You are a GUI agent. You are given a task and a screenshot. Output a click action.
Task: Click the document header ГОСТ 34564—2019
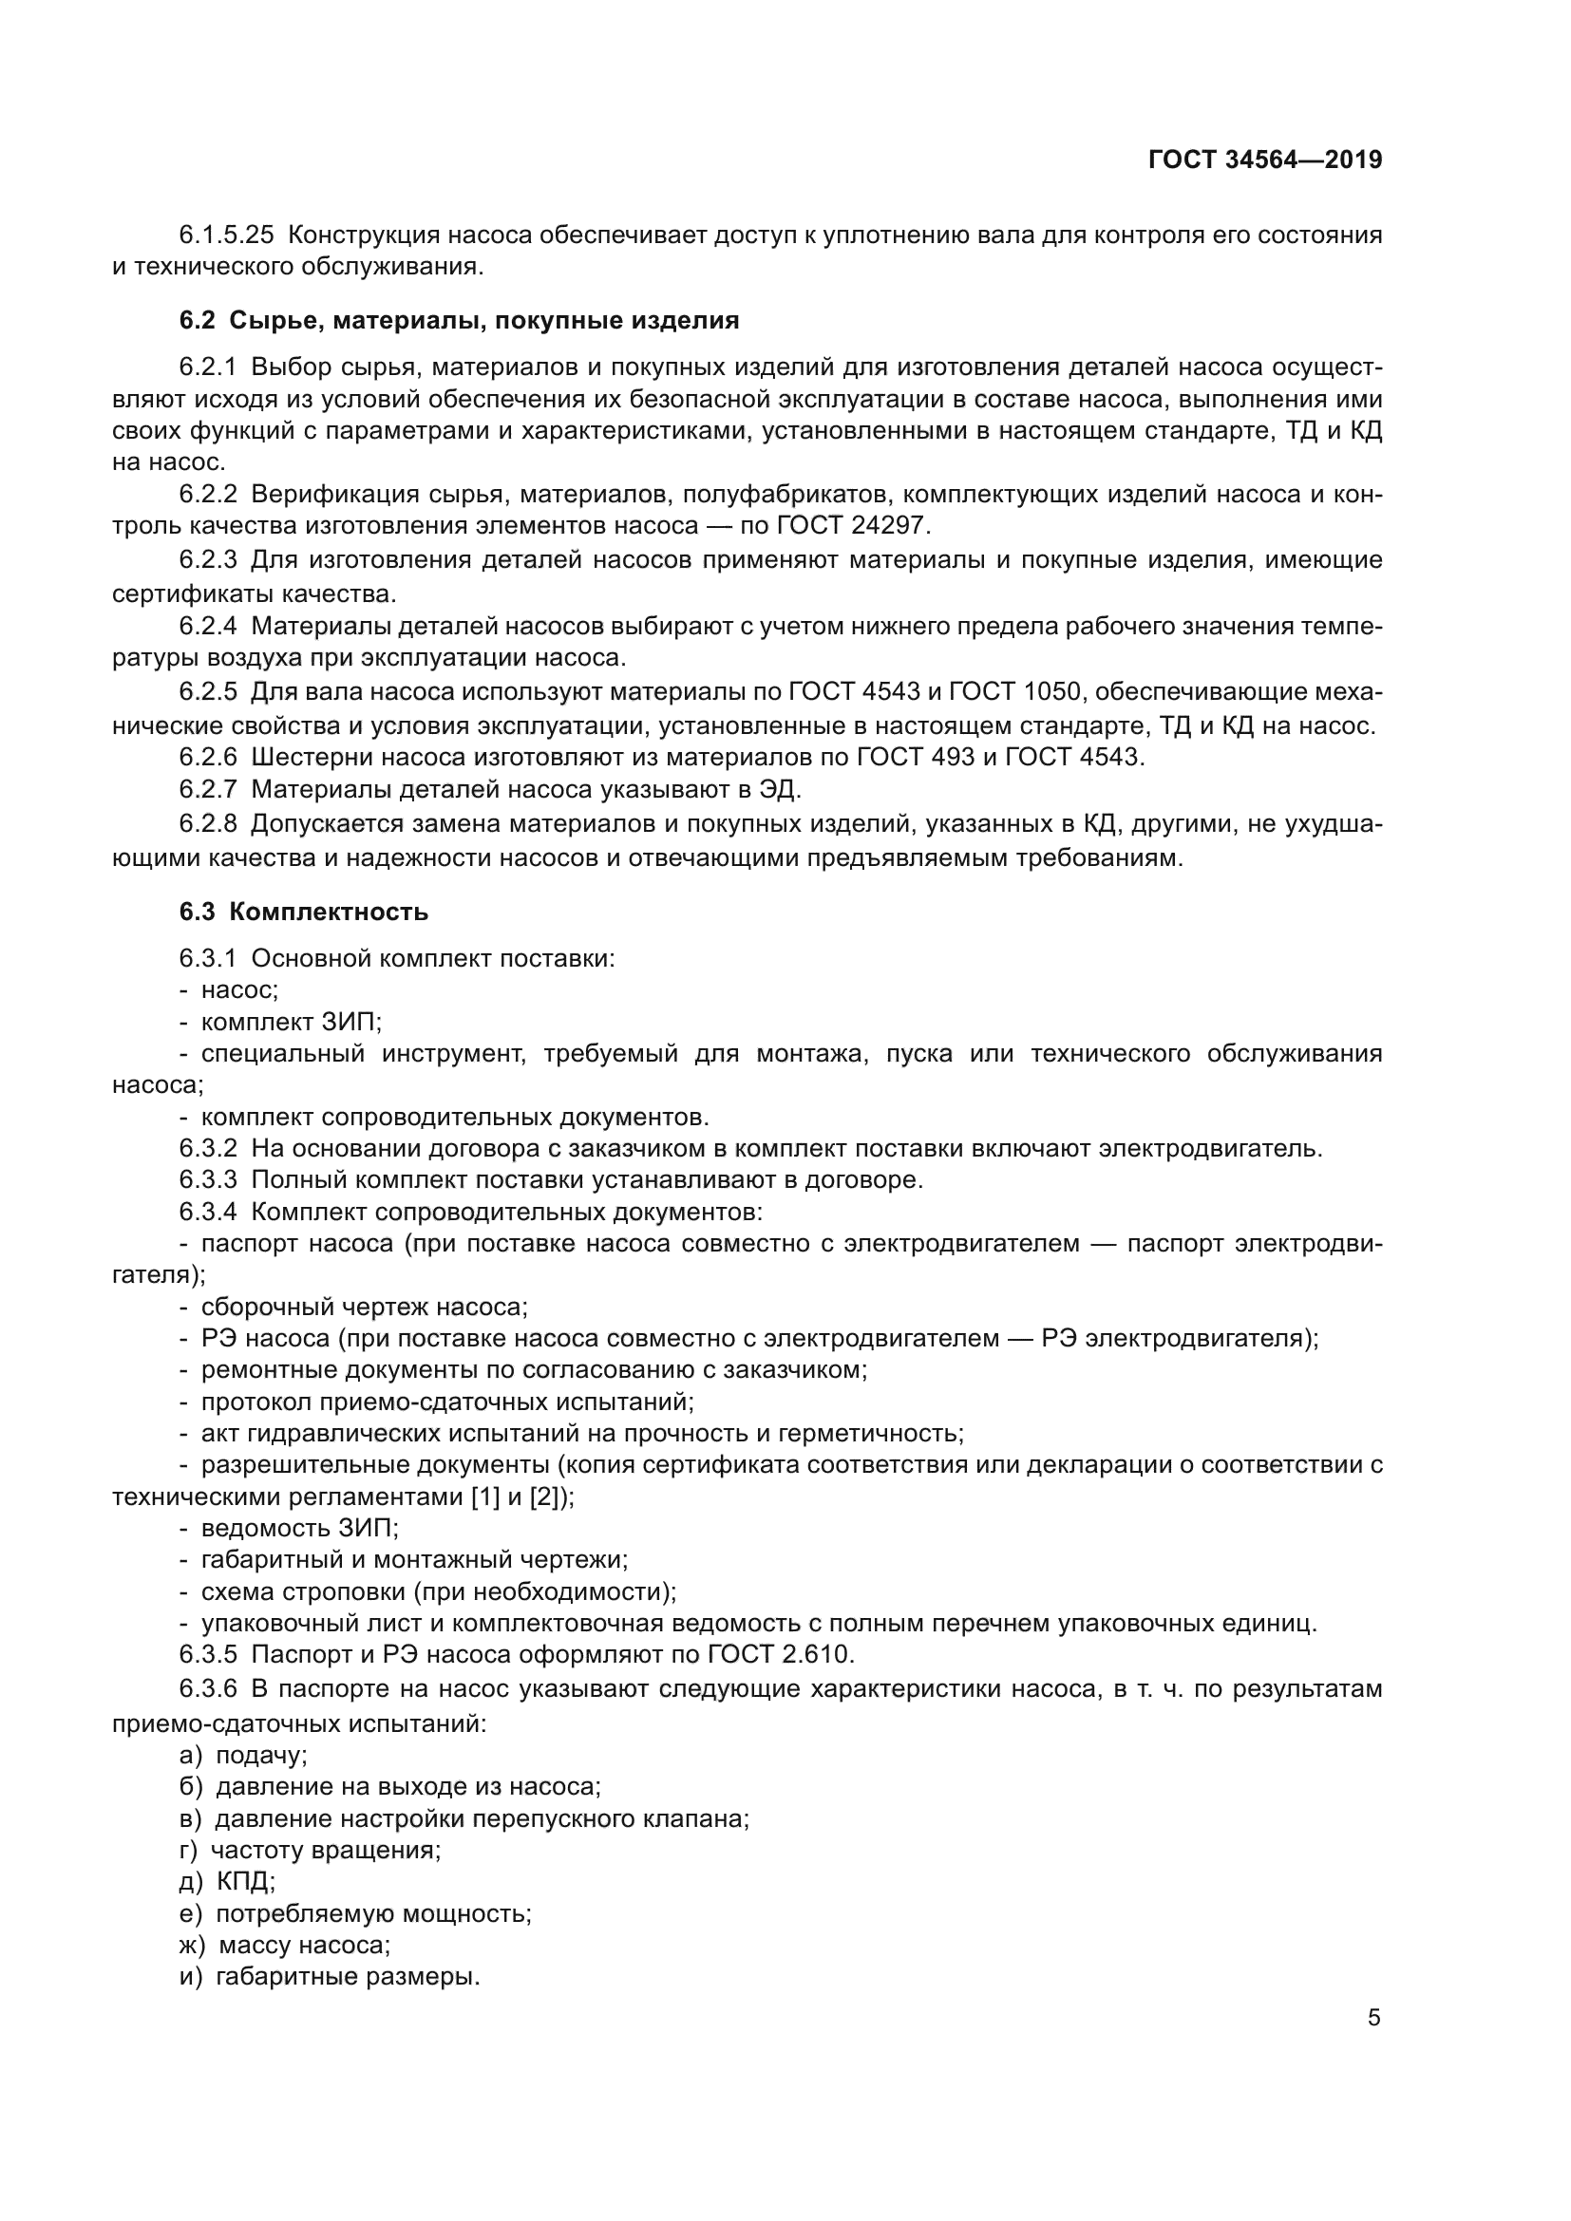1265,160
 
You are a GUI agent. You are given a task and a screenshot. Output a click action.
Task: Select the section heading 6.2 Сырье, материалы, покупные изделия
460,320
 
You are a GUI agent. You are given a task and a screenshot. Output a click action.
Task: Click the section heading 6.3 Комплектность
304,913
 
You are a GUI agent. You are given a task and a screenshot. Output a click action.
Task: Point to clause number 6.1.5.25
226,235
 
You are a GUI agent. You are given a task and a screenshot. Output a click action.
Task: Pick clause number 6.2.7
207,790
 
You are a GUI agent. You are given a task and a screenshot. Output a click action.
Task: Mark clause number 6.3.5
207,1655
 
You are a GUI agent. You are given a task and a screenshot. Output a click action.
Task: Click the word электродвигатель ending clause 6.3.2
1214,1149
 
